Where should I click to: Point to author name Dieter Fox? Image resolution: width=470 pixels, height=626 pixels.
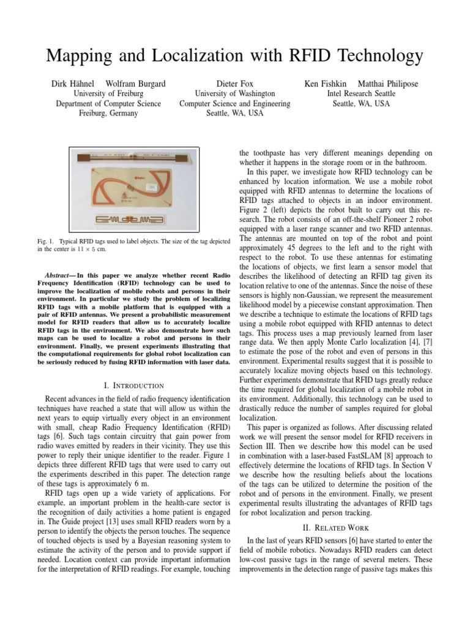234,83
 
